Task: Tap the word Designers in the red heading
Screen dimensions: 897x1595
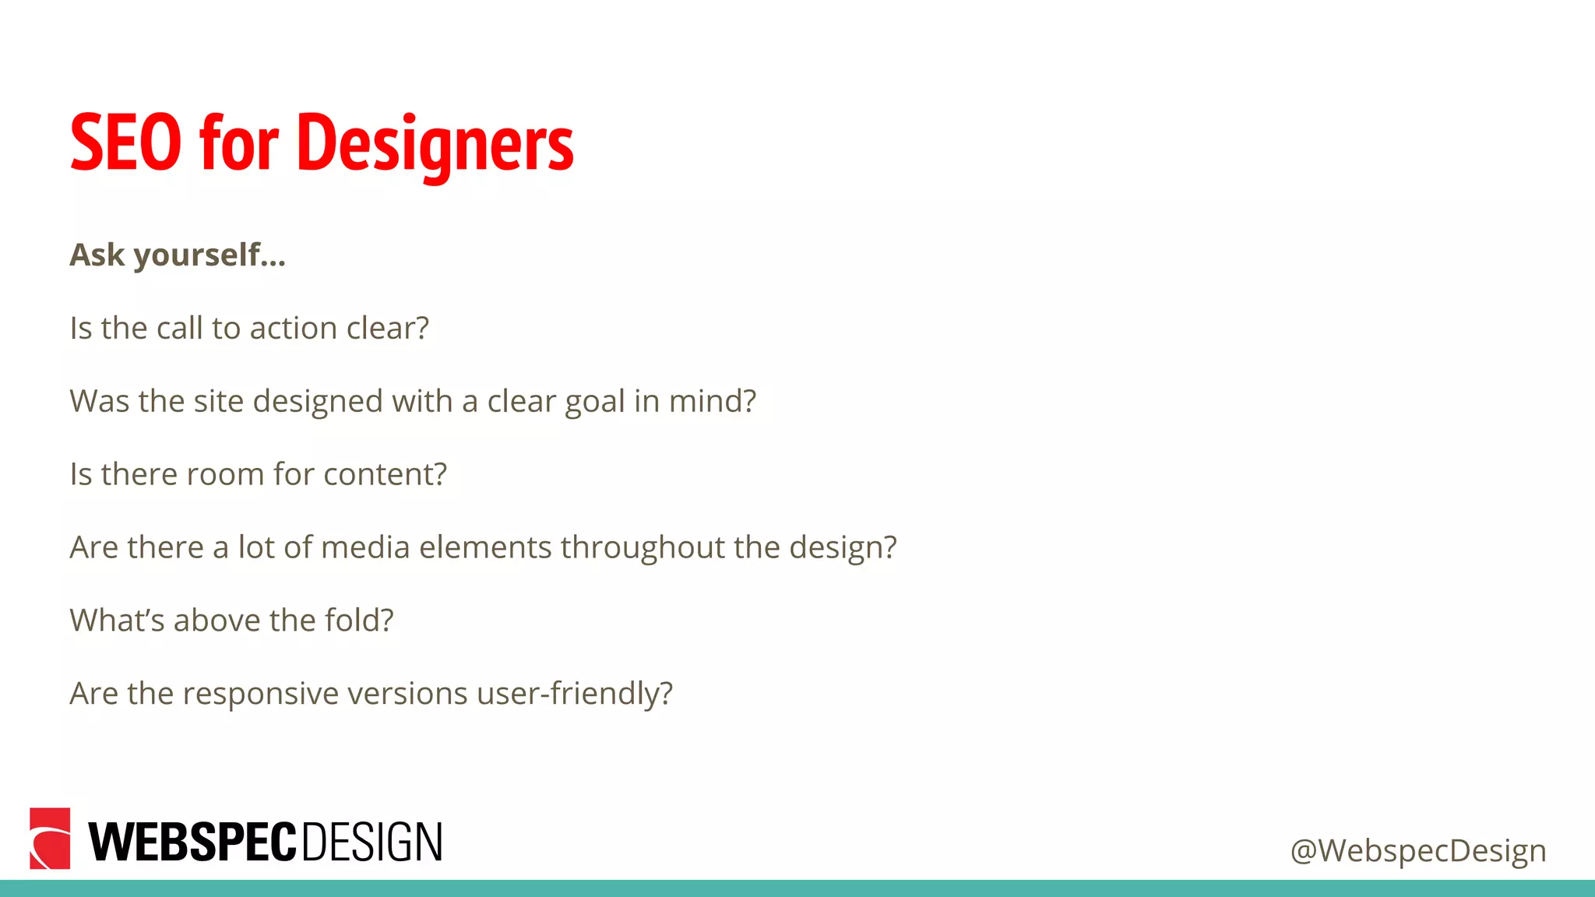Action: tap(435, 145)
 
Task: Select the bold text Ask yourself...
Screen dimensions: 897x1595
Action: tap(178, 255)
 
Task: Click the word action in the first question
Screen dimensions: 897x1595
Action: tap(294, 328)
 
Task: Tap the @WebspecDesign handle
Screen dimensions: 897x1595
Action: tap(1418, 850)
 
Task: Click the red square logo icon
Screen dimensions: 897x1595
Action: tap(50, 839)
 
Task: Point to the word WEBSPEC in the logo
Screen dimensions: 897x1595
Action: tap(192, 842)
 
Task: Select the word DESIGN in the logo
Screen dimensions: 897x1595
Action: tap(371, 842)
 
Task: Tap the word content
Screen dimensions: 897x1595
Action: tap(385, 474)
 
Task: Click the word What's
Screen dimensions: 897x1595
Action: tap(117, 621)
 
